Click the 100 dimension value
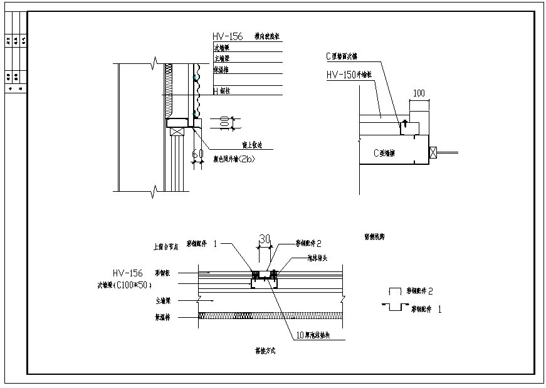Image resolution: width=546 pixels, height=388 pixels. click(x=419, y=93)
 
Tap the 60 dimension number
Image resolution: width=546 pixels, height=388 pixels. click(x=197, y=154)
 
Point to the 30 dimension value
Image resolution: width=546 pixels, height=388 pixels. click(x=265, y=239)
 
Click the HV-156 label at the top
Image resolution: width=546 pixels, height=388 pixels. click(x=228, y=37)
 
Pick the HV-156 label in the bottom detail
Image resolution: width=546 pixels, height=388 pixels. click(x=127, y=273)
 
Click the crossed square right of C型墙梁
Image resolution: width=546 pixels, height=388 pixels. click(x=433, y=152)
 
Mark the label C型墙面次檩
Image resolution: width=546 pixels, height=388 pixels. click(x=342, y=56)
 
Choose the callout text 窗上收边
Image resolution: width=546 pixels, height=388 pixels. click(x=251, y=145)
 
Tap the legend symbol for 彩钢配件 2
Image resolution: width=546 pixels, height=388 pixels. click(x=395, y=291)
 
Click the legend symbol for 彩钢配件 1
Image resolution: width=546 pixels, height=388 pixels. click(x=394, y=307)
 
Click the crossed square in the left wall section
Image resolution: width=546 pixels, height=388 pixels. click(x=177, y=132)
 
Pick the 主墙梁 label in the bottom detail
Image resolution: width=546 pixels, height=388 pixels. click(x=158, y=300)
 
